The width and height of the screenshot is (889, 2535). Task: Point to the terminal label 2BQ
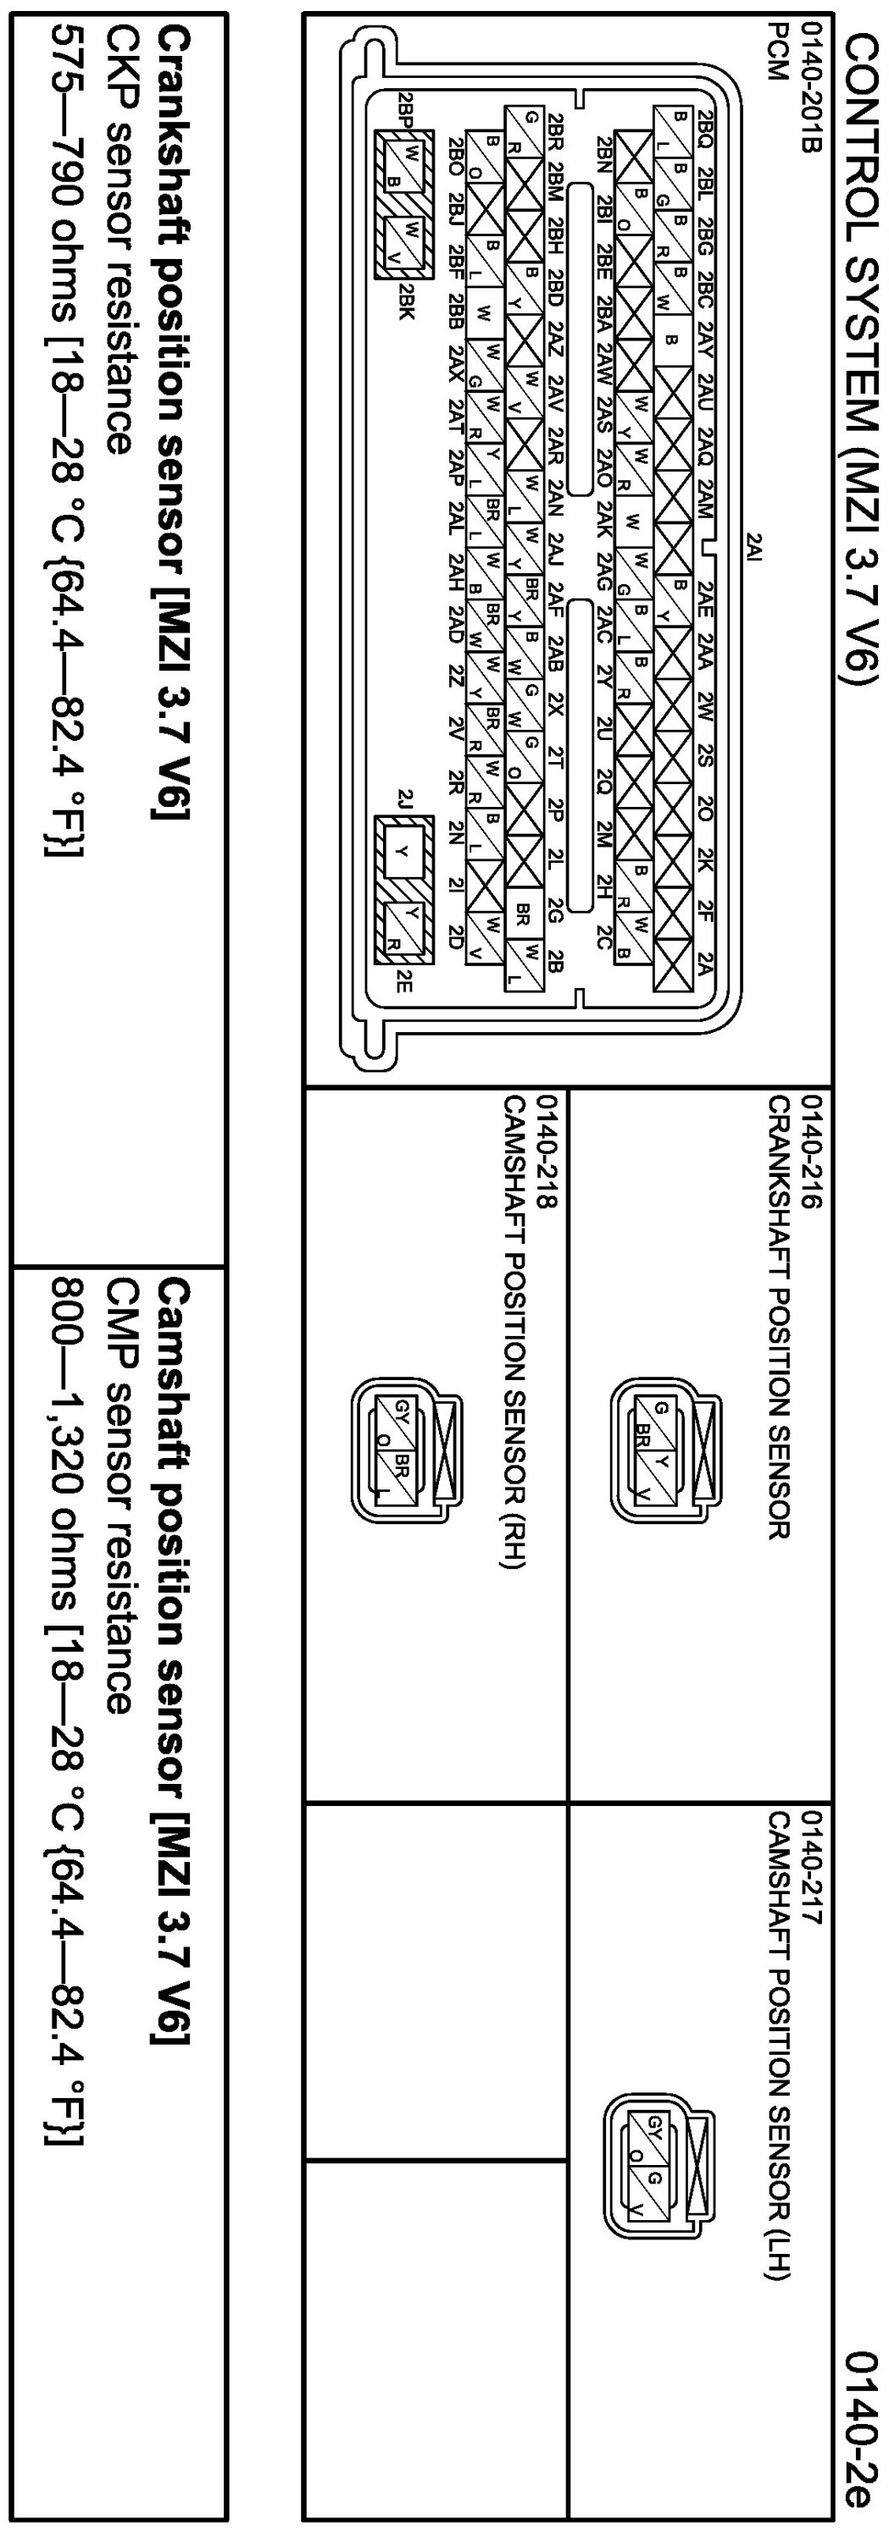click(x=705, y=128)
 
